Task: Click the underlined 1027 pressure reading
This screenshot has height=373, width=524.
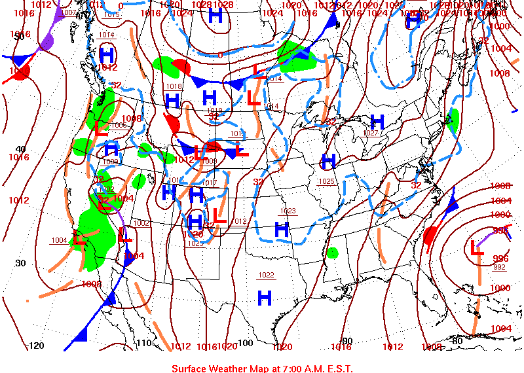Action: pyautogui.click(x=371, y=133)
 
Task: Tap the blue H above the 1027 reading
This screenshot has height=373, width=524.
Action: pyautogui.click(x=377, y=121)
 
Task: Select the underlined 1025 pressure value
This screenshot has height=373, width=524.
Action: pyautogui.click(x=327, y=181)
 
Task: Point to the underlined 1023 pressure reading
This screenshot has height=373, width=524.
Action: pyautogui.click(x=288, y=211)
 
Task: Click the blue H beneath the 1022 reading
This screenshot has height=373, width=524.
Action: pyautogui.click(x=265, y=297)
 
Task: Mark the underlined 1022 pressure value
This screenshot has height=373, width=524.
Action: pyautogui.click(x=266, y=275)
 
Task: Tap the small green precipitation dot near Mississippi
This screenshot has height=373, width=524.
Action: pyautogui.click(x=333, y=253)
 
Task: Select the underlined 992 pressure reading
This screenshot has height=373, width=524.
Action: pyautogui.click(x=499, y=267)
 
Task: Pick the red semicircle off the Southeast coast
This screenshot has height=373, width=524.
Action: pyautogui.click(x=430, y=235)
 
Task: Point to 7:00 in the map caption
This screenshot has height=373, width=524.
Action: pyautogui.click(x=294, y=368)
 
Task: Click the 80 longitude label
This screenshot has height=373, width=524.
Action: pyautogui.click(x=457, y=341)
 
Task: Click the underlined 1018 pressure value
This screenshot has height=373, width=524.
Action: pyautogui.click(x=174, y=86)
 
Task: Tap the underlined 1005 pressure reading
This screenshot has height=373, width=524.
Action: pyautogui.click(x=119, y=125)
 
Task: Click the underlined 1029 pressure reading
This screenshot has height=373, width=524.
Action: pyautogui.click(x=195, y=243)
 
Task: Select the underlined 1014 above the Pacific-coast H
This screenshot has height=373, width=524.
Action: pyautogui.click(x=107, y=35)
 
